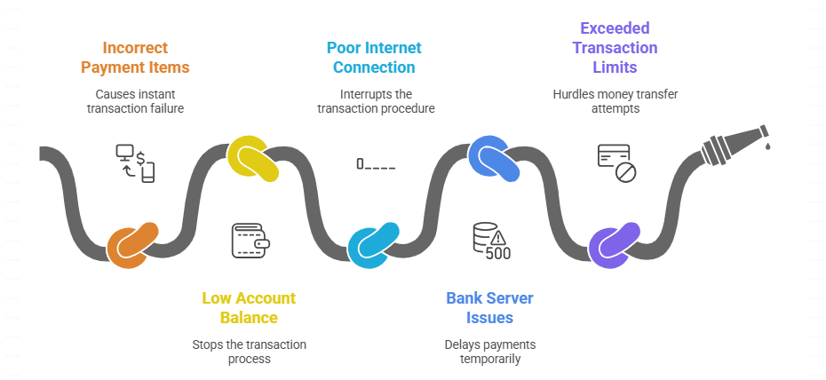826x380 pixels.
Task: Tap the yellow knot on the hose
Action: [x=252, y=159]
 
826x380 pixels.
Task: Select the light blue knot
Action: [x=370, y=246]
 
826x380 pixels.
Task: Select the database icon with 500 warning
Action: [x=491, y=241]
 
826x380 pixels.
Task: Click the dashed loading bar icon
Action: [x=376, y=164]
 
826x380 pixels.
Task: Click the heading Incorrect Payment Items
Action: [x=135, y=57]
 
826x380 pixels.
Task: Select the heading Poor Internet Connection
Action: [x=374, y=57]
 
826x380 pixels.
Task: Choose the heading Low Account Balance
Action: [x=249, y=307]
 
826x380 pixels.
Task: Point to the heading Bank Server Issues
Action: [x=489, y=307]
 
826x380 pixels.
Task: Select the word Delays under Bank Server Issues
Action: [x=464, y=344]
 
